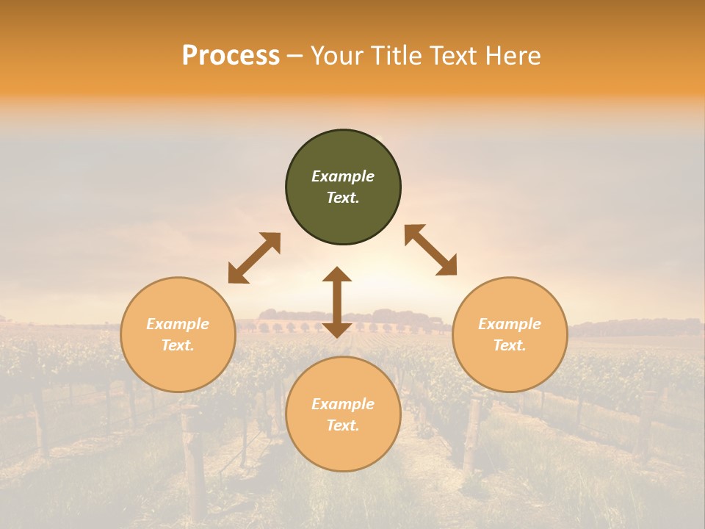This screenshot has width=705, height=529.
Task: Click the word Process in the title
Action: (231, 56)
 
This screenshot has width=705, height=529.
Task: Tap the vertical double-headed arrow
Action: (337, 302)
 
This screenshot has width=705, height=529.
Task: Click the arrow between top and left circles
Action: (254, 258)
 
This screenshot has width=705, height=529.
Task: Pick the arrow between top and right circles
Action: (431, 250)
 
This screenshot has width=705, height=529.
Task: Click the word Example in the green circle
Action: (343, 176)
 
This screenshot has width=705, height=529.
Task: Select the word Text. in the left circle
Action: (178, 345)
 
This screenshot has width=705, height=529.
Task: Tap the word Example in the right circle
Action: (510, 324)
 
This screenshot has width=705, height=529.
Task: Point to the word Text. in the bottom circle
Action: (343, 425)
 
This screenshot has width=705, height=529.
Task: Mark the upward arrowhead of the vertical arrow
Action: (337, 275)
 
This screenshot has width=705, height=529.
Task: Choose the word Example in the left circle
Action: (178, 324)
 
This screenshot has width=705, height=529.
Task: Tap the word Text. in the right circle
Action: (510, 345)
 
